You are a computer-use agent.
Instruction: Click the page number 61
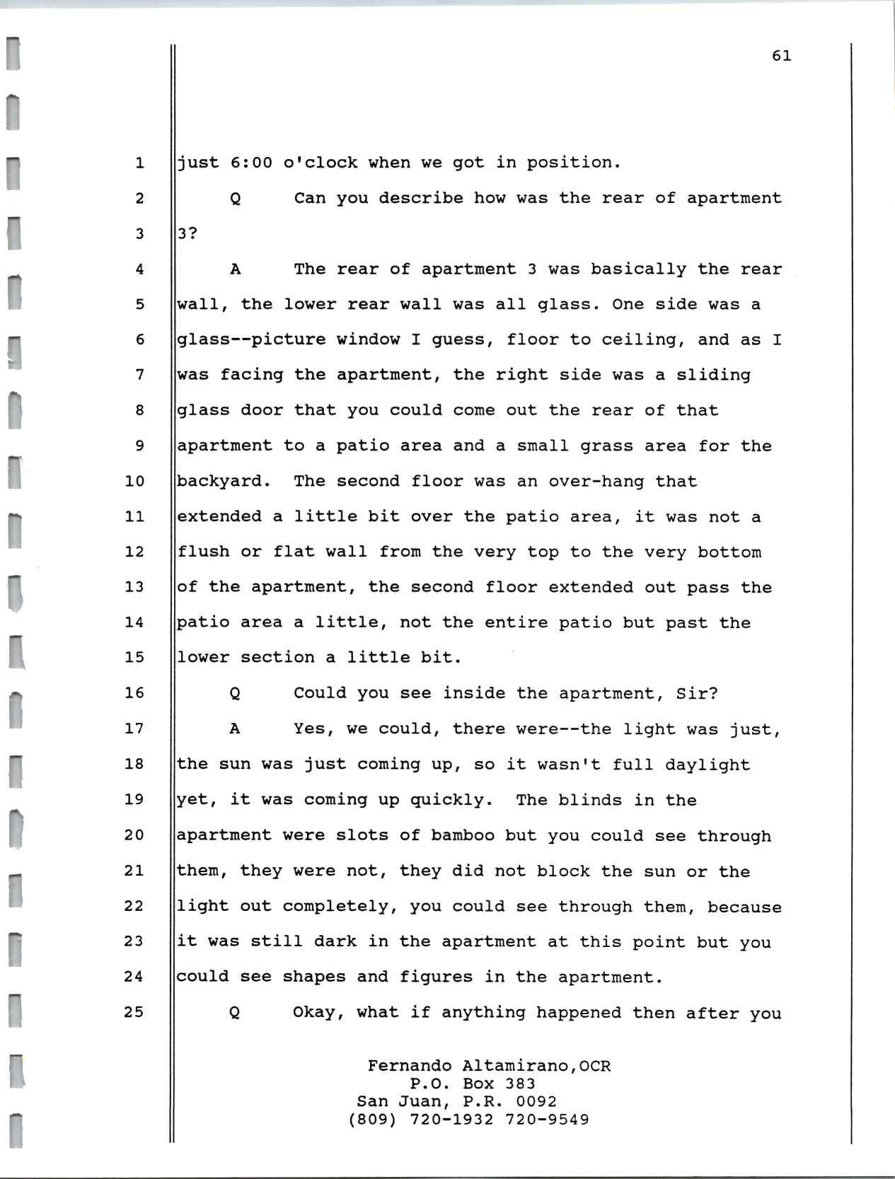[x=781, y=56]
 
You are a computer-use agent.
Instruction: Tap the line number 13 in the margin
[x=134, y=587]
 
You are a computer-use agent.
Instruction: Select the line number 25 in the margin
[x=134, y=1012]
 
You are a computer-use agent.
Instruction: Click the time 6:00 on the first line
[x=251, y=163]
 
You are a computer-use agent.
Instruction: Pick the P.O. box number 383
[x=520, y=1084]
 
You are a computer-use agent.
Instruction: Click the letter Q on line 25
[x=235, y=1013]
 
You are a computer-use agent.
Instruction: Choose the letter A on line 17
[x=235, y=728]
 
